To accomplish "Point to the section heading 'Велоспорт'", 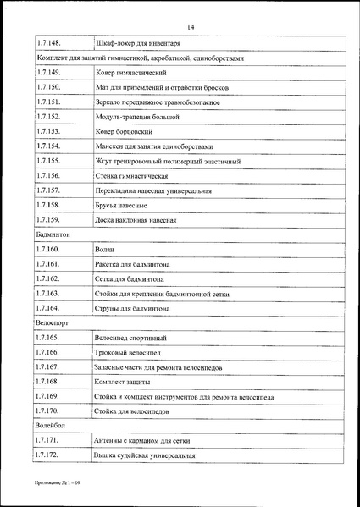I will (x=53, y=323).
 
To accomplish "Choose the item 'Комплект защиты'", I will (x=125, y=382).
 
